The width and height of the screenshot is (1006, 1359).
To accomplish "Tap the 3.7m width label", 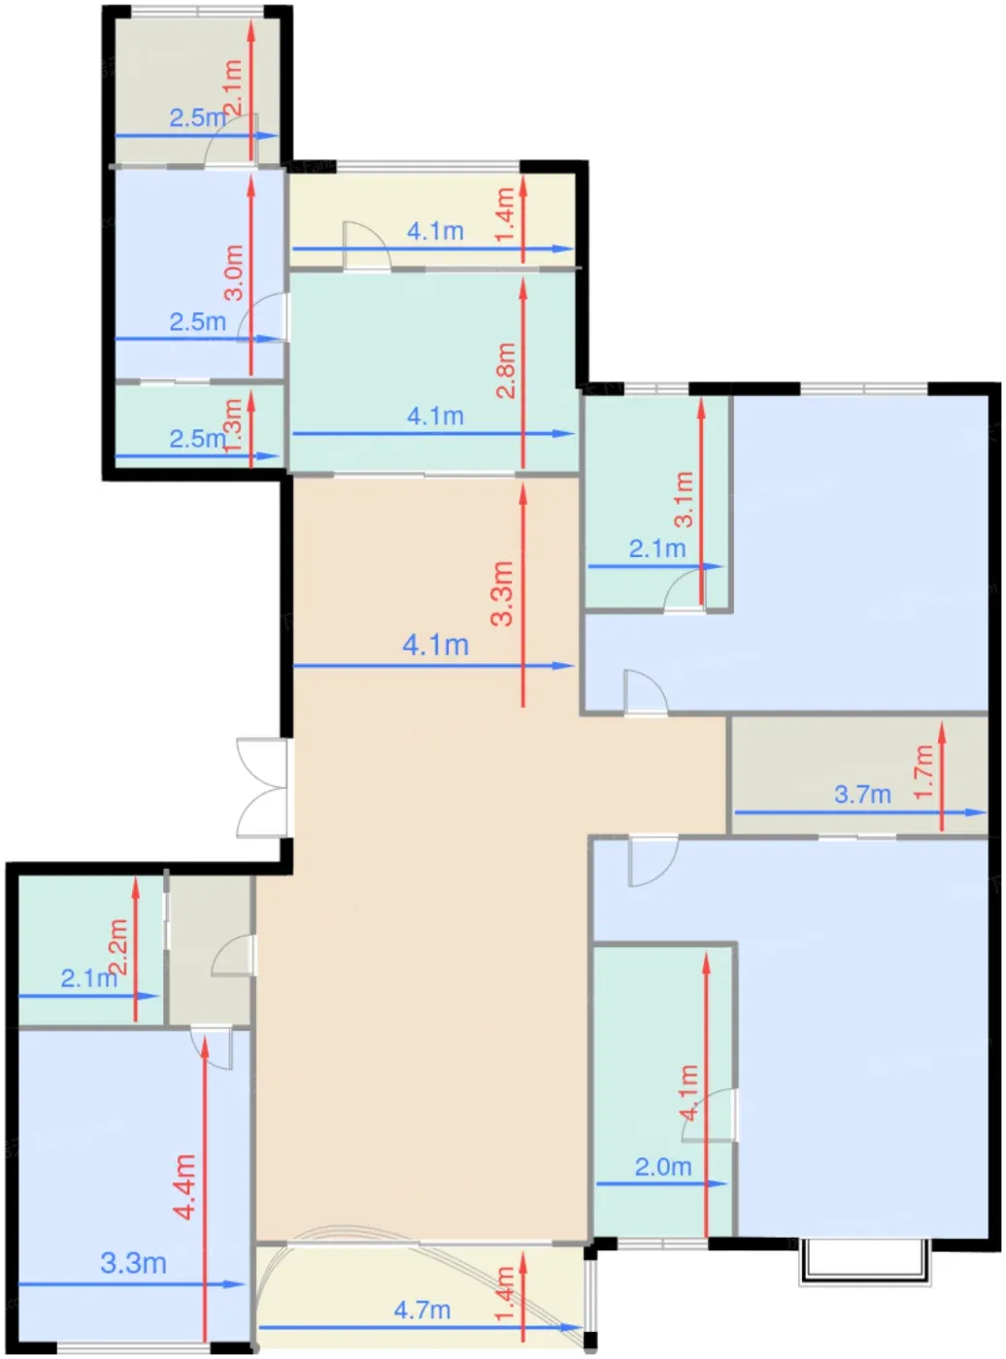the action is (862, 795).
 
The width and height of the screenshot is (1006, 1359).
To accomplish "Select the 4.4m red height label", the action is (184, 1187).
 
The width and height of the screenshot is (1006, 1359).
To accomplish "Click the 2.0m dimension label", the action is (662, 1167).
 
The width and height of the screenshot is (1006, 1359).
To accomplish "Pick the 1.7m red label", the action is (923, 772).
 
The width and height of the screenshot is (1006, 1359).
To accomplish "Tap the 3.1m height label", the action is (684, 499).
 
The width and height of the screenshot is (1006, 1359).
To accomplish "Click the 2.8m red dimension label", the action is (506, 371).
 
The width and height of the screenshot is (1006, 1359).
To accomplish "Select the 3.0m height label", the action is (234, 273).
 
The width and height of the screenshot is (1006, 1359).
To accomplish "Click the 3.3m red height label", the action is (502, 593).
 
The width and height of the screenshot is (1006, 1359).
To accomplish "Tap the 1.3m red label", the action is (234, 426).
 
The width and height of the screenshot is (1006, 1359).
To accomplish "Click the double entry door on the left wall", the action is (262, 787).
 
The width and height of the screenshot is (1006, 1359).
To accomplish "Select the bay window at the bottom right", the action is (864, 1262).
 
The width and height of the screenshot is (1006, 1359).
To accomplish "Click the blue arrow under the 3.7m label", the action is (860, 812).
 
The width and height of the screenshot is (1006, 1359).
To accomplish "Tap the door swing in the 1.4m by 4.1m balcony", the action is (367, 244).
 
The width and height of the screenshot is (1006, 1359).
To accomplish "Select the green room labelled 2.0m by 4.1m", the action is (662, 1091).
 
